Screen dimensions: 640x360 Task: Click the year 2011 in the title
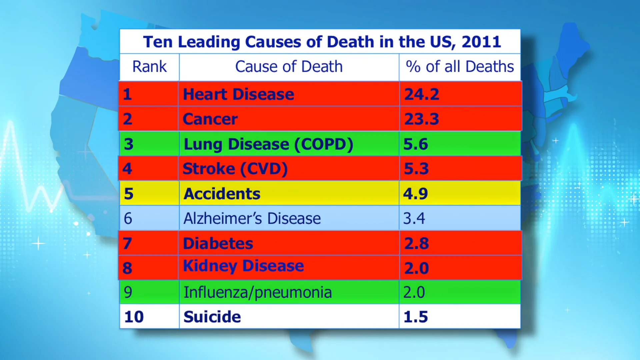pos(481,42)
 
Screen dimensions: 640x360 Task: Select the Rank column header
pos(149,66)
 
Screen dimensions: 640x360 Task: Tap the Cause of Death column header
pos(289,66)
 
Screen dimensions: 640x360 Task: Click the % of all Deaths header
pos(460,66)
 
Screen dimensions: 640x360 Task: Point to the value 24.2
pos(421,94)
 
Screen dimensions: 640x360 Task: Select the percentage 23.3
pos(421,119)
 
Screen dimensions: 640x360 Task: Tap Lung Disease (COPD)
pos(268,144)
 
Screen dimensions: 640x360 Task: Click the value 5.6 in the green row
pos(415,144)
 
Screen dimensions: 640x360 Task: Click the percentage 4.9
pos(415,194)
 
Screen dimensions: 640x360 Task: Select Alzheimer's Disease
pos(252,218)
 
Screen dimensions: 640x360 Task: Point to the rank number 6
pos(128,218)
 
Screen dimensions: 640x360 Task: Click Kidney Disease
pos(244,266)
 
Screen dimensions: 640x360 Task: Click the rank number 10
pos(134,317)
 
